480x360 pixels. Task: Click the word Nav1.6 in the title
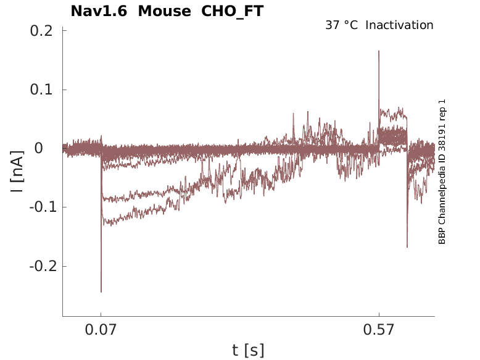click(x=100, y=11)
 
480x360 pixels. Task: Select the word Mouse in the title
click(x=165, y=11)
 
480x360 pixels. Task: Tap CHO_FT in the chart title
click(x=233, y=11)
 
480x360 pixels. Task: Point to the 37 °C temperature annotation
click(x=341, y=25)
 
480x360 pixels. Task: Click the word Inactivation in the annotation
click(x=400, y=25)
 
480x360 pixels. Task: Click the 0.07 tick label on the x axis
click(x=101, y=330)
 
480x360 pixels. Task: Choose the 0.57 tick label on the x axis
click(x=379, y=330)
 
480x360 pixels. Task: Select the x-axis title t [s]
click(x=248, y=351)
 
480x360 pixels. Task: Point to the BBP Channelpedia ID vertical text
click(x=442, y=172)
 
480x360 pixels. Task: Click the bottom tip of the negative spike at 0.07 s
click(x=101, y=291)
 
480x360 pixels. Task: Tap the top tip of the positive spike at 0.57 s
click(x=379, y=51)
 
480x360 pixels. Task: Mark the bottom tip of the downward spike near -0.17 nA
click(x=407, y=247)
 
